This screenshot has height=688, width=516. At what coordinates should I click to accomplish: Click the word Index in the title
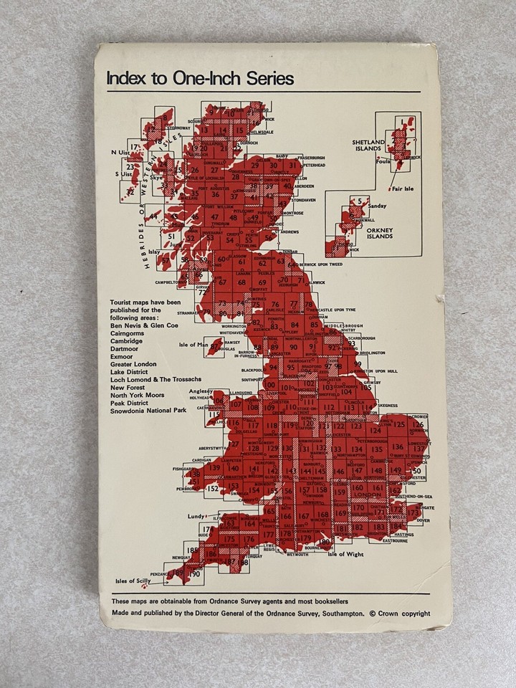pos(124,79)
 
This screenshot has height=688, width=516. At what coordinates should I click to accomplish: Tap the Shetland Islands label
pos(368,147)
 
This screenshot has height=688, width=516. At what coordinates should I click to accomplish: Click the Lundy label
pos(196,516)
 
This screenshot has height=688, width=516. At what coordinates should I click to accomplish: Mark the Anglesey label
pos(201,391)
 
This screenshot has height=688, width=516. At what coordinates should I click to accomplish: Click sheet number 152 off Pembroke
pos(212,489)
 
